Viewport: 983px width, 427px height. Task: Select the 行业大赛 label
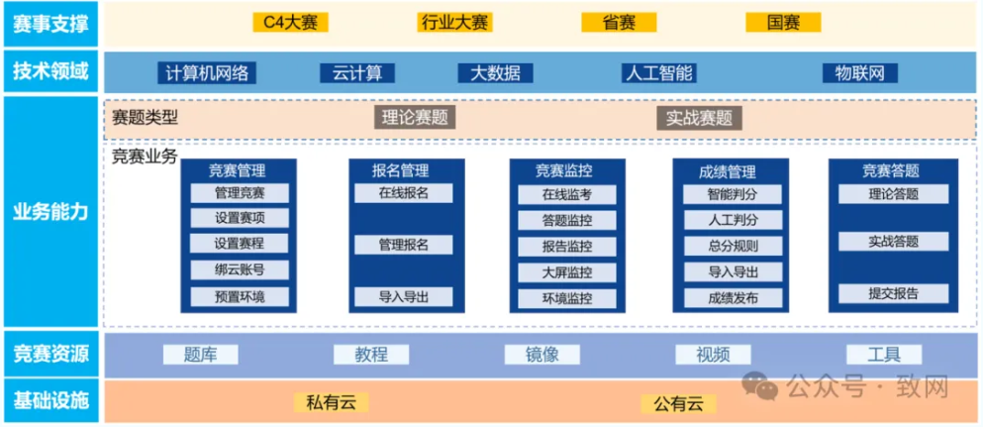(455, 22)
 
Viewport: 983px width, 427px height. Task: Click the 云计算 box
(357, 72)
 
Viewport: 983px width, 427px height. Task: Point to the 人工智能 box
(658, 72)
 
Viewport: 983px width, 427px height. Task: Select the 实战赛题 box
(699, 118)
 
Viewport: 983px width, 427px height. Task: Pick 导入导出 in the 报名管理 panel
(404, 295)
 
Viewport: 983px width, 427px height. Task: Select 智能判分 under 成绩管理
(733, 194)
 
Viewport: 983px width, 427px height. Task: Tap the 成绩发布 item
(733, 296)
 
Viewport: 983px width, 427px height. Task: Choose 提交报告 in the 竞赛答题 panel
(893, 292)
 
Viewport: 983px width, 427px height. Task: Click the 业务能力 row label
(50, 212)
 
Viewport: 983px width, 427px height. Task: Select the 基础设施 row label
(50, 400)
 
